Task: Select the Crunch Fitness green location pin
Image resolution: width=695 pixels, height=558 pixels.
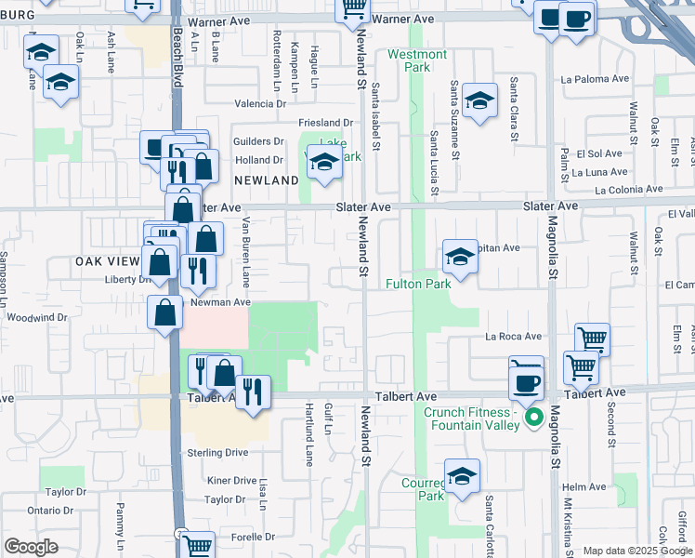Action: (533, 418)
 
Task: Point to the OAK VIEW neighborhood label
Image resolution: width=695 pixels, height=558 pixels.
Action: (107, 263)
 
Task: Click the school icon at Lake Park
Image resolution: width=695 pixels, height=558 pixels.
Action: (324, 163)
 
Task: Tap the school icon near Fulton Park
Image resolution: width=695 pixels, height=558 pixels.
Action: (460, 256)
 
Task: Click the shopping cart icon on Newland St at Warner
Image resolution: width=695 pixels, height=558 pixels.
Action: (352, 10)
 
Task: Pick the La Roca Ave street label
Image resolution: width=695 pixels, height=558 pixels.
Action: (512, 337)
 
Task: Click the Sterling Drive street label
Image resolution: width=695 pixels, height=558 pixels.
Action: (217, 452)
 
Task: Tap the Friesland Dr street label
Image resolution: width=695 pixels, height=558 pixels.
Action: (326, 123)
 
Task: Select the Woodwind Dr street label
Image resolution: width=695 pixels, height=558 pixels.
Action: (37, 317)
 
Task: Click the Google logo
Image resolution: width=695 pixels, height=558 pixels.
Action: (31, 547)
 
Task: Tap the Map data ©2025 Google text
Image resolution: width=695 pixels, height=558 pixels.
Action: (636, 551)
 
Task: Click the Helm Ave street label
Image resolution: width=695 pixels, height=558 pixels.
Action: (584, 486)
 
